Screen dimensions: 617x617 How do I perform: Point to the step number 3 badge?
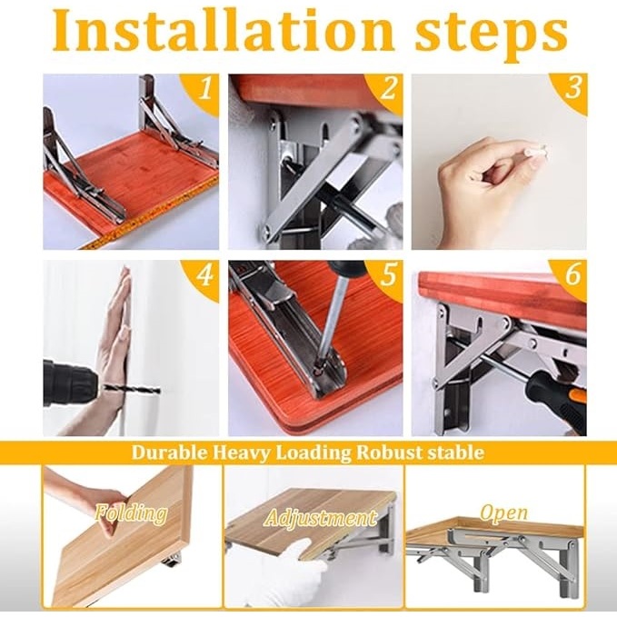point(572,88)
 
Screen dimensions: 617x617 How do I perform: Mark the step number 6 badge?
point(572,274)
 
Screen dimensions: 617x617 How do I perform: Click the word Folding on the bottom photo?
point(131,513)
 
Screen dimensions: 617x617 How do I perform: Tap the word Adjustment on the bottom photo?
point(321,518)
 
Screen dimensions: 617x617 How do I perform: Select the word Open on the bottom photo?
point(503,513)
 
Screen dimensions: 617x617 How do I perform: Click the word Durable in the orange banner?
point(169,453)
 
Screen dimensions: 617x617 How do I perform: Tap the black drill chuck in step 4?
point(71,383)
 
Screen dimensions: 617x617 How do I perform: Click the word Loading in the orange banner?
point(313,453)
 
